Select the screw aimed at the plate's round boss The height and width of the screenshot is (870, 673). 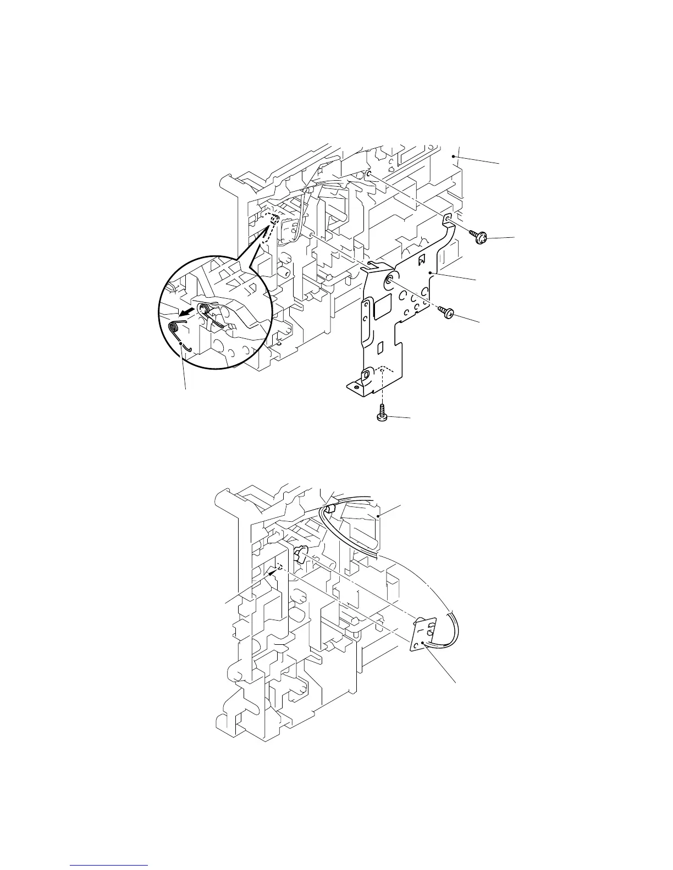[x=446, y=313]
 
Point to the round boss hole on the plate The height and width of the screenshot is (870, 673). [x=390, y=280]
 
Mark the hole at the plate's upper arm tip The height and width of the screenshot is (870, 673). [x=448, y=219]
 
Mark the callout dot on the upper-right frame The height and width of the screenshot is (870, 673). [x=453, y=157]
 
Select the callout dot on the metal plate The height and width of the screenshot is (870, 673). [x=431, y=273]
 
